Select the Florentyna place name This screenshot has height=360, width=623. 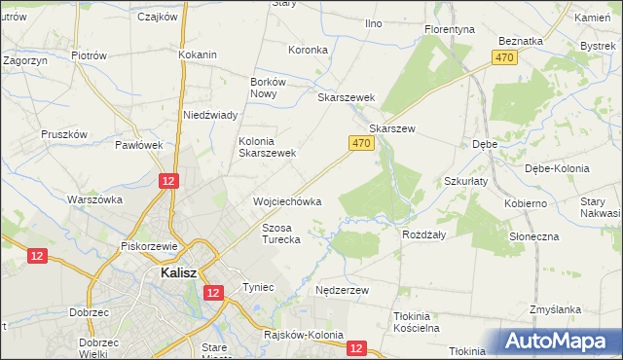pos(450,29)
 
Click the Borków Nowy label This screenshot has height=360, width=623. pos(268,89)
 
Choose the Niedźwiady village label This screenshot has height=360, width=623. pos(211,115)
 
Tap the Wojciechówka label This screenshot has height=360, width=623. pos(287,201)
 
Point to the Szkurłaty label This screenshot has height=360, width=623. pos(465,182)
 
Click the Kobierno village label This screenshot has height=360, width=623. pos(526,203)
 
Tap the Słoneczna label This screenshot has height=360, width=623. pos(534,236)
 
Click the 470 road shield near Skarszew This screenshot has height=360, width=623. pos(360,143)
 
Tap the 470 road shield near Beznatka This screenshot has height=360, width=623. pos(503,58)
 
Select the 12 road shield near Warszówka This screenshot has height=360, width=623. pos(168,181)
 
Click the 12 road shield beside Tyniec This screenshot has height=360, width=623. pos(215,291)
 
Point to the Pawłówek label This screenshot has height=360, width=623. pos(138,145)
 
